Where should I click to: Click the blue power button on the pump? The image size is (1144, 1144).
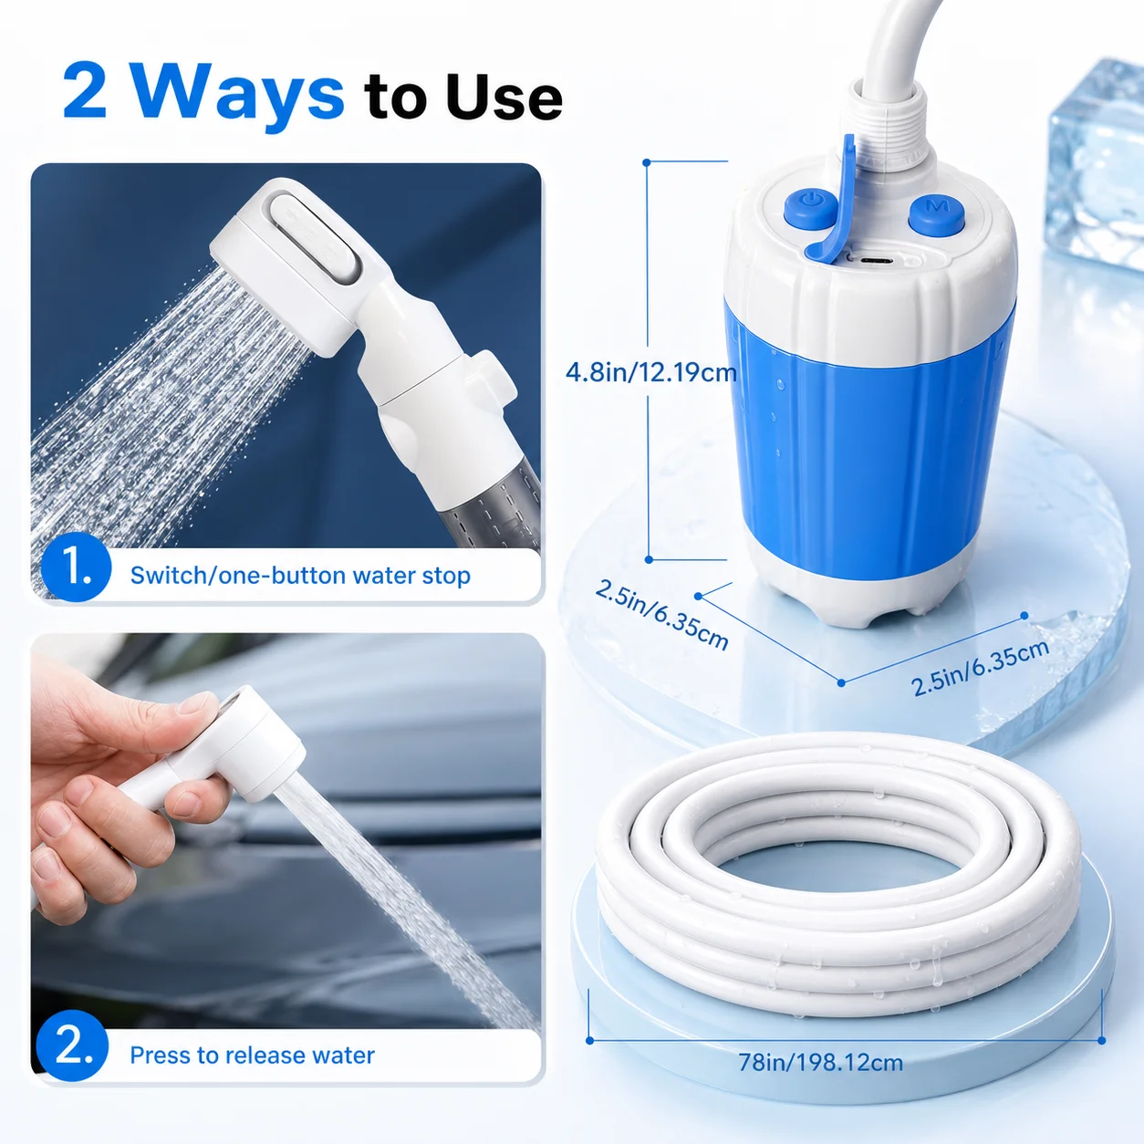pos(811,208)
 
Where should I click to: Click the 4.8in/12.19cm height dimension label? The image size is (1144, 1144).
pos(650,373)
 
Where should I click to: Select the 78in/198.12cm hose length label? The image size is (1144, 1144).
pos(820,1062)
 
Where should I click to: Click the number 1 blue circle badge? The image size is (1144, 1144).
pos(76,567)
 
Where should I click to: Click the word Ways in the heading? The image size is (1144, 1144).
pos(236,95)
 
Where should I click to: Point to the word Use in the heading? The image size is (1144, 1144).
pos(504,97)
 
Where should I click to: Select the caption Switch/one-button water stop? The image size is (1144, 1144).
pos(300,576)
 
